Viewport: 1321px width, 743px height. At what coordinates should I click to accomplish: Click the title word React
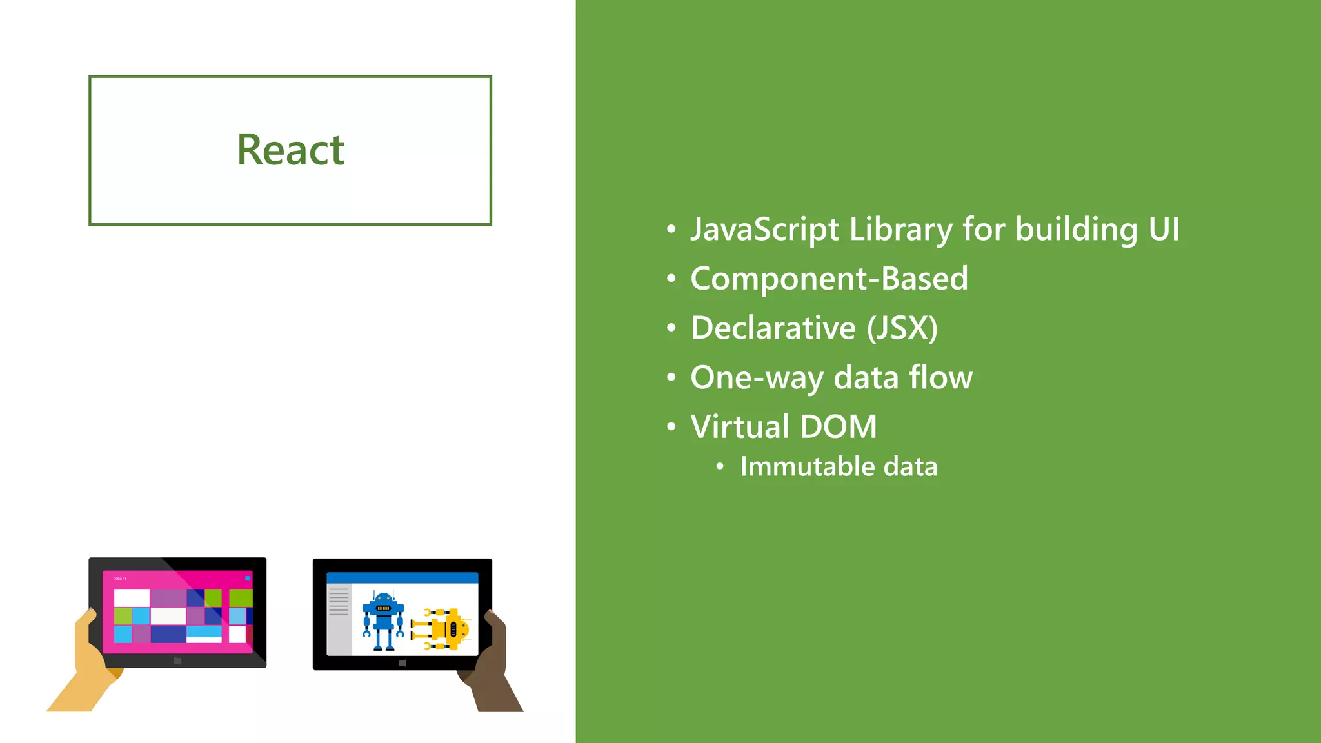[x=290, y=150]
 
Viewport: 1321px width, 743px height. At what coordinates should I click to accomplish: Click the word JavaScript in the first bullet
[x=765, y=230]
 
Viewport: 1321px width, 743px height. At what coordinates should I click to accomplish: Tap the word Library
[x=900, y=230]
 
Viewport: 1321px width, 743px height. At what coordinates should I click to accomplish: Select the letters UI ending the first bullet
[x=1164, y=230]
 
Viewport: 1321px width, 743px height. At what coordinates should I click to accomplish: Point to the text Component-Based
[x=829, y=279]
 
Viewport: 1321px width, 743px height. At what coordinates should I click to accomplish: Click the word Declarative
[x=773, y=328]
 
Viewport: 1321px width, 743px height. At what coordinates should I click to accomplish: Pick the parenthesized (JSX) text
[x=902, y=328]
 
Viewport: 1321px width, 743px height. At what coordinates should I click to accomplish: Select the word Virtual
[x=740, y=426]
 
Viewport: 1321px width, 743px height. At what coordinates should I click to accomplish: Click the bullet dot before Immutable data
[x=720, y=467]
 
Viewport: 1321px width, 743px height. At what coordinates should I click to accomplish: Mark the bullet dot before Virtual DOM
[x=671, y=427]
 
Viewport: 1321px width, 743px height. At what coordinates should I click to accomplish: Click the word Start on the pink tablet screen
[x=121, y=579]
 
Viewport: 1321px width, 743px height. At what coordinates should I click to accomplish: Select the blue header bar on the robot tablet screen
[x=402, y=577]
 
